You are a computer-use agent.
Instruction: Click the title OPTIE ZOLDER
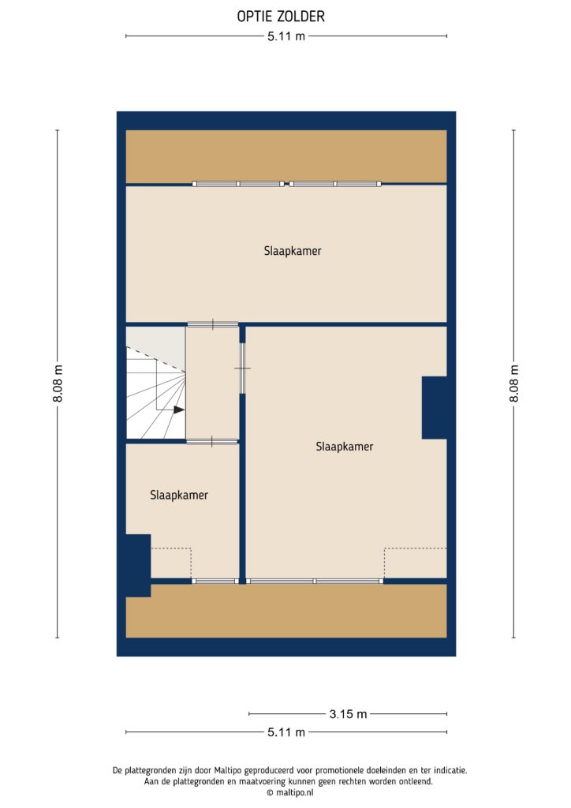[281, 16]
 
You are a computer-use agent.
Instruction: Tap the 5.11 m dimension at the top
[285, 36]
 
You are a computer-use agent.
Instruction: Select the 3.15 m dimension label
[348, 714]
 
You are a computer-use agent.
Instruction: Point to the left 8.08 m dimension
[58, 384]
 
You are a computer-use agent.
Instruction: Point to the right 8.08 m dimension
[513, 384]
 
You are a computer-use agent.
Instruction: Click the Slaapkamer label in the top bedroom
[293, 252]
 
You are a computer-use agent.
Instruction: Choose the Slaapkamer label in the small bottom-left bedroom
[179, 496]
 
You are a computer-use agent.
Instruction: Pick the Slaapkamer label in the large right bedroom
[345, 447]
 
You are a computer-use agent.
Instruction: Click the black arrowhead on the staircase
[179, 410]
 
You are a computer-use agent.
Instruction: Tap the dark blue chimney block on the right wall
[435, 407]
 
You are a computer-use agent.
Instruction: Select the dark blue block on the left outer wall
[138, 564]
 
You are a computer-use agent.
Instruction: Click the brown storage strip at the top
[286, 156]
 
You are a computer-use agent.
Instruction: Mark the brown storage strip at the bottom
[286, 611]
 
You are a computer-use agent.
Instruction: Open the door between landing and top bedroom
[212, 324]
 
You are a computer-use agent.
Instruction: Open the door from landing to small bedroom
[212, 441]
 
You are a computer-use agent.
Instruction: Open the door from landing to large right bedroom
[243, 368]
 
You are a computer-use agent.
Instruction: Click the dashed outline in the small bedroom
[171, 563]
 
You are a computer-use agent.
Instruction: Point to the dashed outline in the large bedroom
[415, 563]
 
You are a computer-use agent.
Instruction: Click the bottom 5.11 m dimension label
[285, 732]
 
